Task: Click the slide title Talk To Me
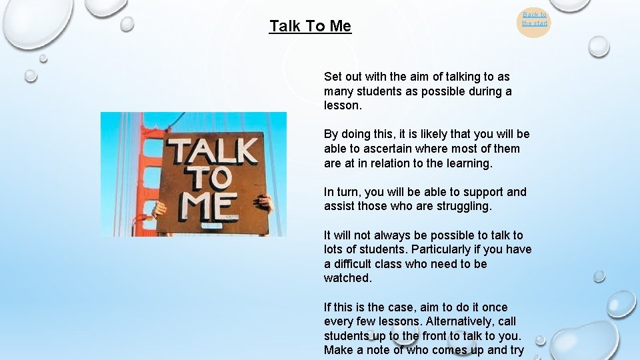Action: [x=310, y=27]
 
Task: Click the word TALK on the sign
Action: [x=211, y=152]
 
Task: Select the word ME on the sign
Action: [x=211, y=207]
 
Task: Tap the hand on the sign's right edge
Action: [x=266, y=202]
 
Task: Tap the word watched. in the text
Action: [x=347, y=278]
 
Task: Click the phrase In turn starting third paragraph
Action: [x=339, y=192]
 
